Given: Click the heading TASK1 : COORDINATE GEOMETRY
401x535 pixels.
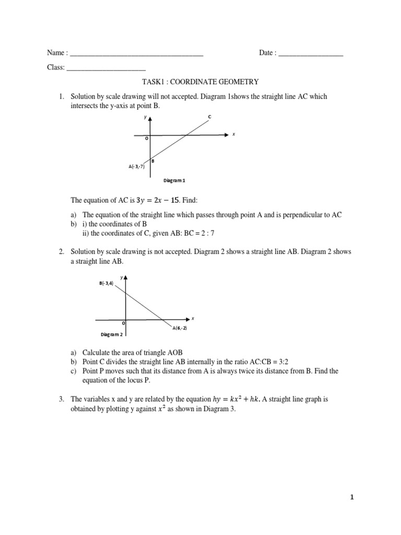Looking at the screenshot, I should pyautogui.click(x=200, y=82).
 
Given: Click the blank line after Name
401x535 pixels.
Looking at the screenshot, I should pyautogui.click(x=136, y=54).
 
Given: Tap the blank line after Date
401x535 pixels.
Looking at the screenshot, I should pyautogui.click(x=311, y=54).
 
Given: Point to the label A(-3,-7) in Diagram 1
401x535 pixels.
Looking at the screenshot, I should pyautogui.click(x=136, y=167).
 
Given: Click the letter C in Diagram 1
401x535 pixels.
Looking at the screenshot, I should pyautogui.click(x=209, y=116).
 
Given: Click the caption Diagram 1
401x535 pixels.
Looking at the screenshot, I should pyautogui.click(x=175, y=180).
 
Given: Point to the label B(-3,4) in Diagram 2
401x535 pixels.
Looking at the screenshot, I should pyautogui.click(x=106, y=283).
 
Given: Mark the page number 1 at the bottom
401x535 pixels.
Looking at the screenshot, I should pyautogui.click(x=352, y=498).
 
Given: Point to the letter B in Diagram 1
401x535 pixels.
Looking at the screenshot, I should pyautogui.click(x=152, y=161).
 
